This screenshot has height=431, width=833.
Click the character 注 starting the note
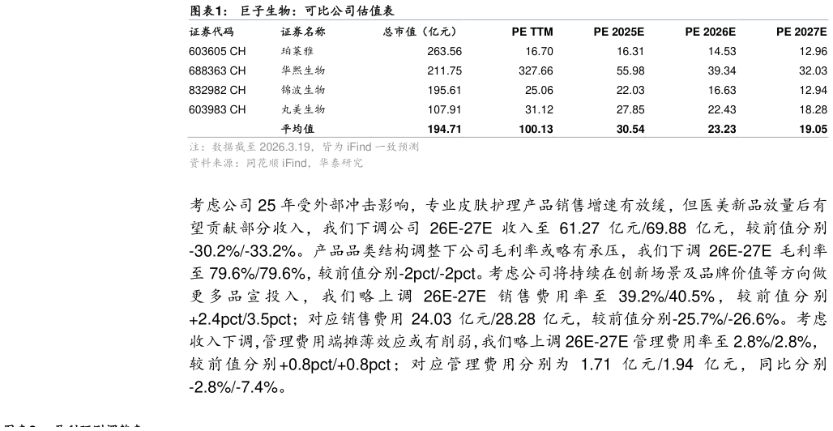[194, 147]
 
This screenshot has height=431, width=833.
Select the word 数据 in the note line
[222, 147]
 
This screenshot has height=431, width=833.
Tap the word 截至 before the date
[246, 147]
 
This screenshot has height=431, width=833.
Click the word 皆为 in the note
[333, 147]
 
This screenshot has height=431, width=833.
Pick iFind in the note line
[359, 147]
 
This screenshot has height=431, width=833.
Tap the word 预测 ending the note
[408, 147]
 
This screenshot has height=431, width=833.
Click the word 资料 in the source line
[199, 164]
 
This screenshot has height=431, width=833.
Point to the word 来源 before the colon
[222, 164]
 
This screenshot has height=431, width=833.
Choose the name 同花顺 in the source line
[263, 164]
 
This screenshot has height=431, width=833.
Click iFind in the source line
[295, 164]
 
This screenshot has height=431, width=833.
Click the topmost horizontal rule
[508, 19]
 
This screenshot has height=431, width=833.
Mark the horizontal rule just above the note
[508, 137]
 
